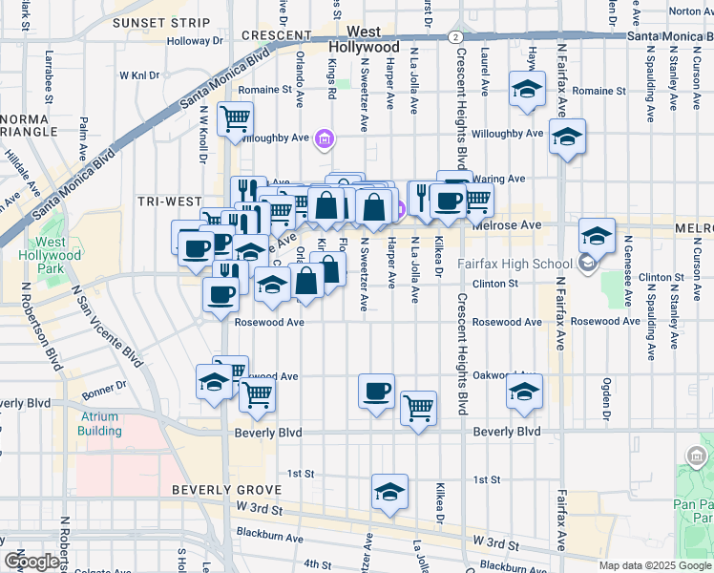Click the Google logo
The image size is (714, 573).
pyautogui.click(x=31, y=562)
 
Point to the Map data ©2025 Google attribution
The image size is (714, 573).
pyautogui.click(x=656, y=565)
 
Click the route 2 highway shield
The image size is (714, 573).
pyautogui.click(x=457, y=35)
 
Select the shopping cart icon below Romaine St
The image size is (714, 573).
pyautogui.click(x=235, y=120)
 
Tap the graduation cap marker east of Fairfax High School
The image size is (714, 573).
pyautogui.click(x=597, y=235)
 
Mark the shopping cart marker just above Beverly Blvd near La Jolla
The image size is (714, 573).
pyautogui.click(x=418, y=408)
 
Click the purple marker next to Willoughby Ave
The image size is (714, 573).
pyautogui.click(x=324, y=140)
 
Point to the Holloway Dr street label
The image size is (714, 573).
pyautogui.click(x=194, y=41)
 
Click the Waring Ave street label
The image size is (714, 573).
pyautogui.click(x=504, y=179)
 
